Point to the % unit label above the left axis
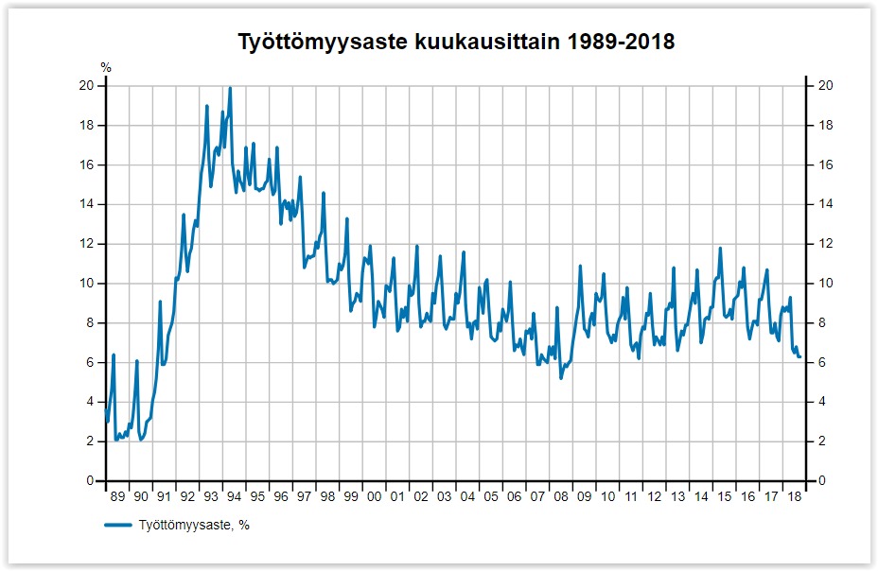(106, 68)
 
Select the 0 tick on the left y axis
(89, 481)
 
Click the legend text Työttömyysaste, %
(193, 525)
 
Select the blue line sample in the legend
(117, 525)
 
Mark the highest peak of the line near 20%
(230, 88)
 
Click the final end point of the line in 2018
(800, 356)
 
